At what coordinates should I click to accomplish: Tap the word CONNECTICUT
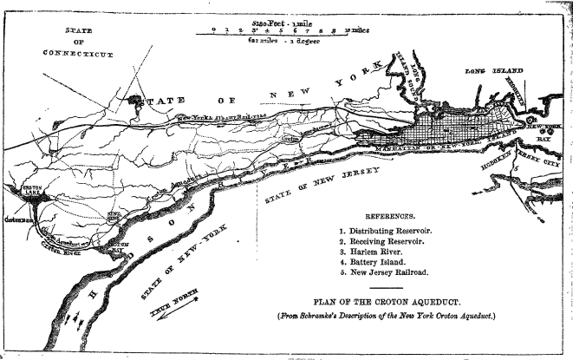pos(79,54)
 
